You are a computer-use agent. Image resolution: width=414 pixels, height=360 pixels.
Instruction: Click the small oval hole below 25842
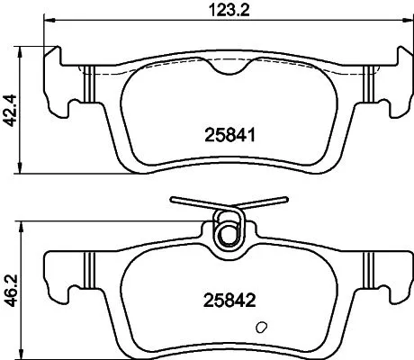[x=261, y=328]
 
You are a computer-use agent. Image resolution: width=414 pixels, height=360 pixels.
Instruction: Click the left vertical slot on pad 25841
[x=87, y=85]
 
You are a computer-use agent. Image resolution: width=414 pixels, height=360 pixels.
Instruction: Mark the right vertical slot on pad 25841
[x=368, y=85]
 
